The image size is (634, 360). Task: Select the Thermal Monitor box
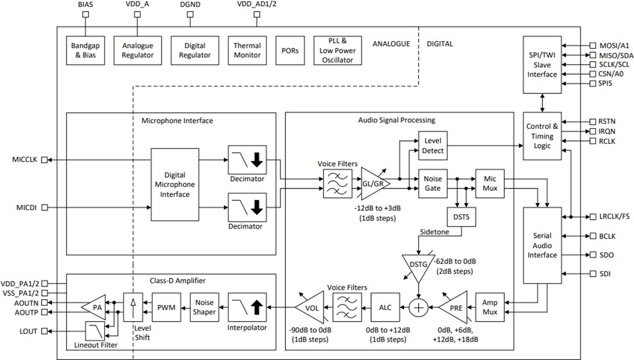[x=247, y=51]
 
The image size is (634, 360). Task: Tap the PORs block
[x=289, y=51]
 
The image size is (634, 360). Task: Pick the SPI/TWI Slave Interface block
[x=542, y=65]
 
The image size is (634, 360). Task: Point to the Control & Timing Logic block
[x=542, y=136]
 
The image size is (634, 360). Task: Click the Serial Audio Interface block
[x=542, y=246]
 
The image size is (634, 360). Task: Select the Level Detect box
[x=433, y=146]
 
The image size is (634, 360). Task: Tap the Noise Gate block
[x=433, y=183]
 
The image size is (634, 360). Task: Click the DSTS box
[x=461, y=217]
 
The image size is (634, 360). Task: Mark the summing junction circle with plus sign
[x=419, y=307]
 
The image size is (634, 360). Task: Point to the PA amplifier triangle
[x=95, y=306]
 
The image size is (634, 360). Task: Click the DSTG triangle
[x=417, y=263]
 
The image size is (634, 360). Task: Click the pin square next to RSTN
[x=592, y=121]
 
